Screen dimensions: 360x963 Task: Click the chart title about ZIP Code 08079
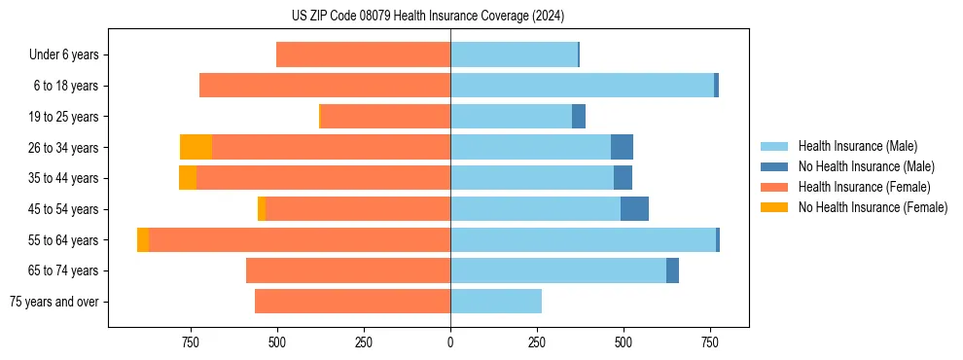pos(427,16)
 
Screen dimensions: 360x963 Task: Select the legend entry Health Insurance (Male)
pos(857,146)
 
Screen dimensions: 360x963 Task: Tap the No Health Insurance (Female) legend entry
pos(873,207)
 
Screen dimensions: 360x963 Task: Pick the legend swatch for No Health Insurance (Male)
pos(777,166)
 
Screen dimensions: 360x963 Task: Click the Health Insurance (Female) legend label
pos(864,187)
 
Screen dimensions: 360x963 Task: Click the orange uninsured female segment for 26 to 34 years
pos(196,147)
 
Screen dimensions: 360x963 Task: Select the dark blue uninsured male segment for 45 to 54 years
pos(634,209)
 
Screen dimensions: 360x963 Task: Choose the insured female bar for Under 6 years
pos(364,54)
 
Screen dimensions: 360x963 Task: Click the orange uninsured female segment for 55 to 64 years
pos(143,239)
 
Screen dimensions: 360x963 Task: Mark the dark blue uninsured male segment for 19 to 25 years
pos(579,117)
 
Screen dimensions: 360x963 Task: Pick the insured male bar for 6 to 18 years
pos(582,86)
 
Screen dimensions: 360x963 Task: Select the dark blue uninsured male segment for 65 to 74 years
pos(672,270)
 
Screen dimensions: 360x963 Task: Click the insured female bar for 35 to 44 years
pos(323,178)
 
